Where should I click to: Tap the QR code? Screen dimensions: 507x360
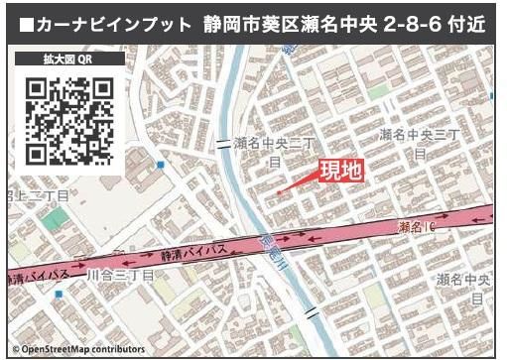coord(69,121)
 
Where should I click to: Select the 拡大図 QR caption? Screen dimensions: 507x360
coord(69,60)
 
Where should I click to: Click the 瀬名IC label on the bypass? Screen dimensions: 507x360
coord(417,227)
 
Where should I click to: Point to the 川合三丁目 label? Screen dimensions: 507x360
coord(120,274)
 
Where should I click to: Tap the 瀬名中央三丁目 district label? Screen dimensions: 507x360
coord(420,141)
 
